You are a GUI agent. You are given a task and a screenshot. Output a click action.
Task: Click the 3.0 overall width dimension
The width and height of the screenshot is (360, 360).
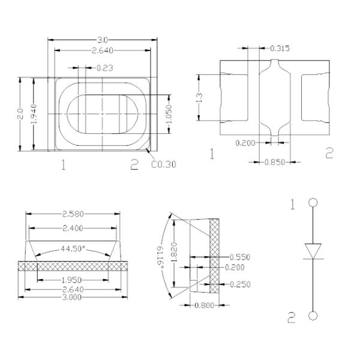pyautogui.click(x=103, y=40)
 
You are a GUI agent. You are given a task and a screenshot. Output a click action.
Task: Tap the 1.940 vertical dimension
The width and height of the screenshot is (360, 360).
pyautogui.click(x=34, y=114)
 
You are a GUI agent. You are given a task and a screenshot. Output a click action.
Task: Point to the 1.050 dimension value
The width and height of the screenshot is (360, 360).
pyautogui.click(x=170, y=115)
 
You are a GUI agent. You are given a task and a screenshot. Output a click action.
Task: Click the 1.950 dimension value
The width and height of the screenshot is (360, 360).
pyautogui.click(x=73, y=280)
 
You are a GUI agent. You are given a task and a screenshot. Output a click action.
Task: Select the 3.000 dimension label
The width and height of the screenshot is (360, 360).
pyautogui.click(x=72, y=296)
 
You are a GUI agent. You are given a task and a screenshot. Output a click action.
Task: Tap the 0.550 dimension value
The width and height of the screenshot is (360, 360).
pyautogui.click(x=240, y=257)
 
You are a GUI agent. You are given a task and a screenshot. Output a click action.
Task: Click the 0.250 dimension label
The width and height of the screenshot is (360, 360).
pyautogui.click(x=240, y=284)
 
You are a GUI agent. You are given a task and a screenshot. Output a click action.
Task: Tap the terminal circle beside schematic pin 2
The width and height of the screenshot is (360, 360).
pyautogui.click(x=312, y=316)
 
